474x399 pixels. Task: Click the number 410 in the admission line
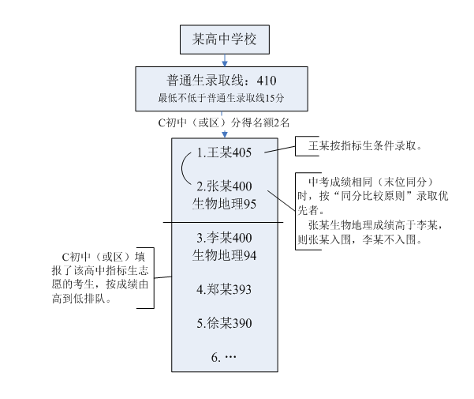265,81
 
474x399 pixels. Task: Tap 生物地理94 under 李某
226,255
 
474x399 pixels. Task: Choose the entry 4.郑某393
224,290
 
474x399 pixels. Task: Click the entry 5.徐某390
224,324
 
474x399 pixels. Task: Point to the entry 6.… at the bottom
224,358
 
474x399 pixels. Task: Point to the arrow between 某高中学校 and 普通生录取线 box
226,58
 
